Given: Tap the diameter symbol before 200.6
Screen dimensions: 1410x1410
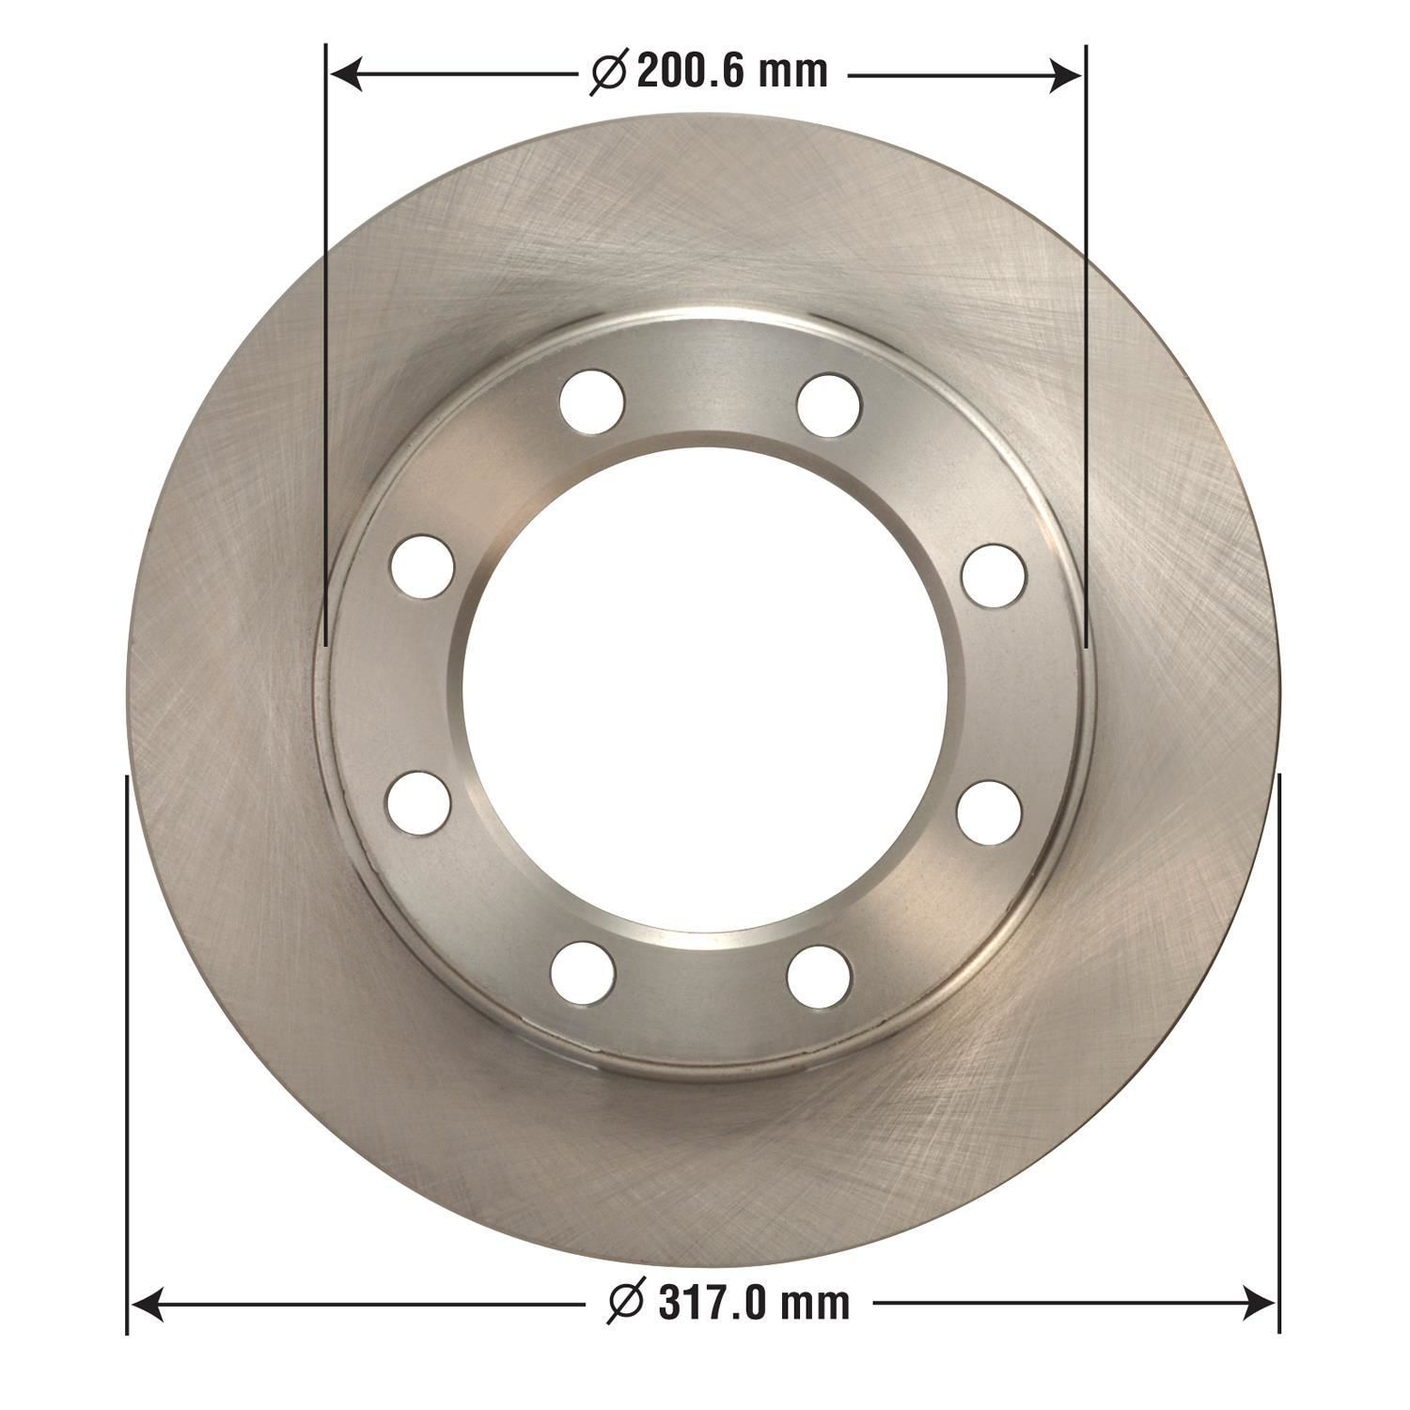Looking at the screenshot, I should coord(608,72).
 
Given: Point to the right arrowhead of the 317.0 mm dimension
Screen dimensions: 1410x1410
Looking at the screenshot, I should coord(1259,1303).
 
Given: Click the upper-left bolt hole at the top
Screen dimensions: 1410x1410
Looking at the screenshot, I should coord(591,401).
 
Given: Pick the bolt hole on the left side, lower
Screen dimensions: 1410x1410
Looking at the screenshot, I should coord(418,803).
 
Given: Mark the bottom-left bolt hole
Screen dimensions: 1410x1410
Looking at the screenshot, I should coord(583,973).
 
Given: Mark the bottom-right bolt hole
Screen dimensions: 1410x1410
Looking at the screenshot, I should coord(819,976).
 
